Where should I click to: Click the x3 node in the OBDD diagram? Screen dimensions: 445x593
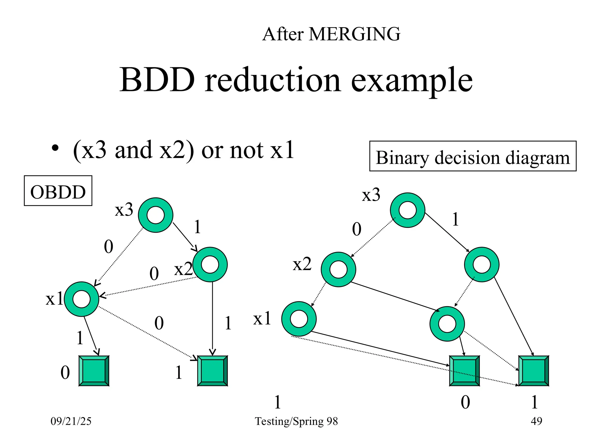point(155,215)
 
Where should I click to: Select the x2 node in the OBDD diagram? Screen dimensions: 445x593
point(210,264)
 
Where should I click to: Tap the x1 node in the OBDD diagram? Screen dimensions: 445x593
point(82,299)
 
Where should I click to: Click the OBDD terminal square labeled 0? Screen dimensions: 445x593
point(94,371)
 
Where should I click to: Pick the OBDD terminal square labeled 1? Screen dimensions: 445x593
point(213,371)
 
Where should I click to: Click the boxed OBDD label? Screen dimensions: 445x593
point(58,191)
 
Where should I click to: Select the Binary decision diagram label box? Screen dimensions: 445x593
point(473,156)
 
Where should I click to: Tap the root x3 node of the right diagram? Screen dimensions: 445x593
point(407,210)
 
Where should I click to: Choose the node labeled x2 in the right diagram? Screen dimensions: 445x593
point(338,269)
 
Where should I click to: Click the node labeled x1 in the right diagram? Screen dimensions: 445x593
point(299,319)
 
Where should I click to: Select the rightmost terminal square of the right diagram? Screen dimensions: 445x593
point(534,371)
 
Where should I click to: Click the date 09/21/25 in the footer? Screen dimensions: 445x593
point(71,421)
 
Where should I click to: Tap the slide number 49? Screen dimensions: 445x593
point(536,421)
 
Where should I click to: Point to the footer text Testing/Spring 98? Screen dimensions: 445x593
point(296,421)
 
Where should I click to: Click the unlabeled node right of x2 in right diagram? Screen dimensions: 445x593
point(482,264)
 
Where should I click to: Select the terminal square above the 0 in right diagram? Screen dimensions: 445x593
point(464,371)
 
